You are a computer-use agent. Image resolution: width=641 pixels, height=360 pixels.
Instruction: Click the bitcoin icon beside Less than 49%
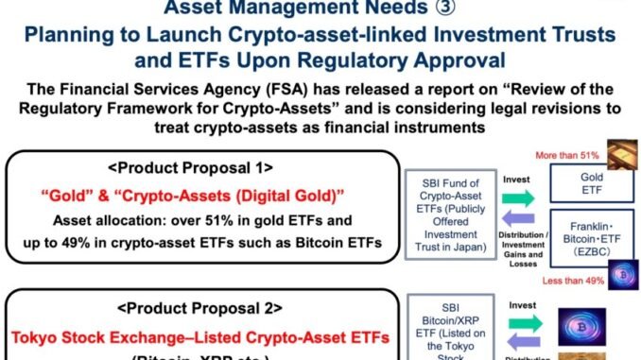tap(623, 276)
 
